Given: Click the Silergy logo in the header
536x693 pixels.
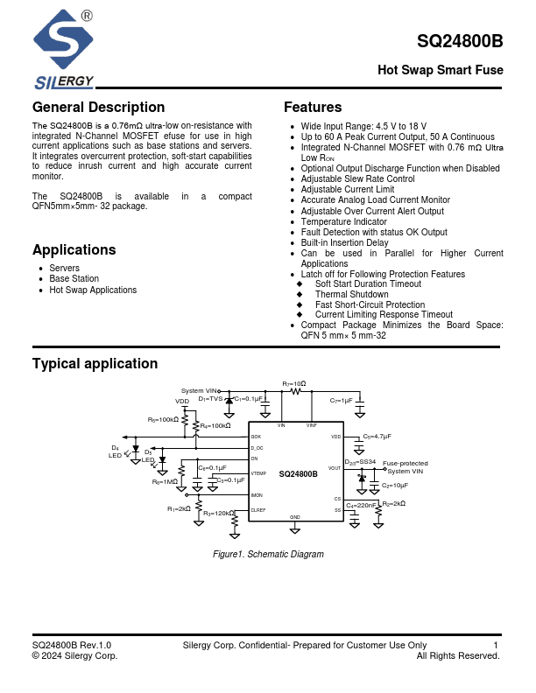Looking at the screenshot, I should (x=62, y=49).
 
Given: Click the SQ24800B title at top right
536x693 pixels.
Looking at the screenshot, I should (x=460, y=41).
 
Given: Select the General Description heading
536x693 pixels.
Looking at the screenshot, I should (x=98, y=108).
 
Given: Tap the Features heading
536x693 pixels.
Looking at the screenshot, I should (x=313, y=108).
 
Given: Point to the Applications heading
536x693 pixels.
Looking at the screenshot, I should (x=74, y=249).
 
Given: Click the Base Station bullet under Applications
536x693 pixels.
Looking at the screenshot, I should (x=74, y=279).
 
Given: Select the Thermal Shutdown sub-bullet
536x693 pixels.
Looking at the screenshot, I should (x=351, y=295).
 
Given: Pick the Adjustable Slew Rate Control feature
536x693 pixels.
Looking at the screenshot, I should (x=357, y=178).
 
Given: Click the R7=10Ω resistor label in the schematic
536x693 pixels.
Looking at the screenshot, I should (x=294, y=383).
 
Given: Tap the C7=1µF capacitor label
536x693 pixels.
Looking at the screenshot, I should (x=341, y=400).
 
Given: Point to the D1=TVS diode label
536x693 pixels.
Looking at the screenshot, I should (x=210, y=399).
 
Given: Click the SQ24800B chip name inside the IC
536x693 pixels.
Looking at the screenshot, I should (x=298, y=473).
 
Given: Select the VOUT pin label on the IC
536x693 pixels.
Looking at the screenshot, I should (x=335, y=468).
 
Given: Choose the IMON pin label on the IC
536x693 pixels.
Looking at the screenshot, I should (x=257, y=495).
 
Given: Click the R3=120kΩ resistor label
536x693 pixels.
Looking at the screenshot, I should (x=218, y=514).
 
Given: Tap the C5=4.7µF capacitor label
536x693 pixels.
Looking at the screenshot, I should (x=377, y=436).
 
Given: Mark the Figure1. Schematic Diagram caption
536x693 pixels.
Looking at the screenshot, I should (x=268, y=555).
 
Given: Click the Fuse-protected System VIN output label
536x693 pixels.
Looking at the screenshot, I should (x=406, y=467).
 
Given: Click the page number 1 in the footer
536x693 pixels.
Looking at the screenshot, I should (x=496, y=646).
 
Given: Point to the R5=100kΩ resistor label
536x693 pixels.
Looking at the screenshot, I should (x=163, y=420).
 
